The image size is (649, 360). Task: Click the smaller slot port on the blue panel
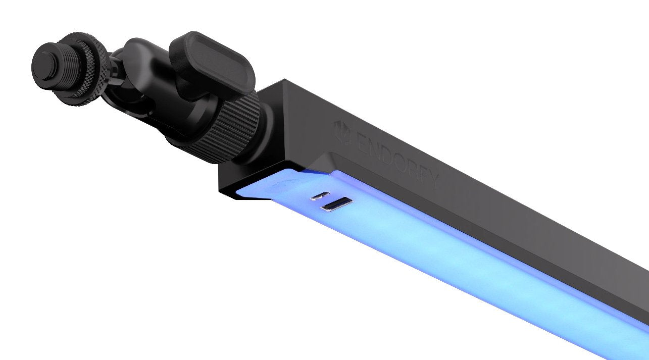click(x=320, y=195)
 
